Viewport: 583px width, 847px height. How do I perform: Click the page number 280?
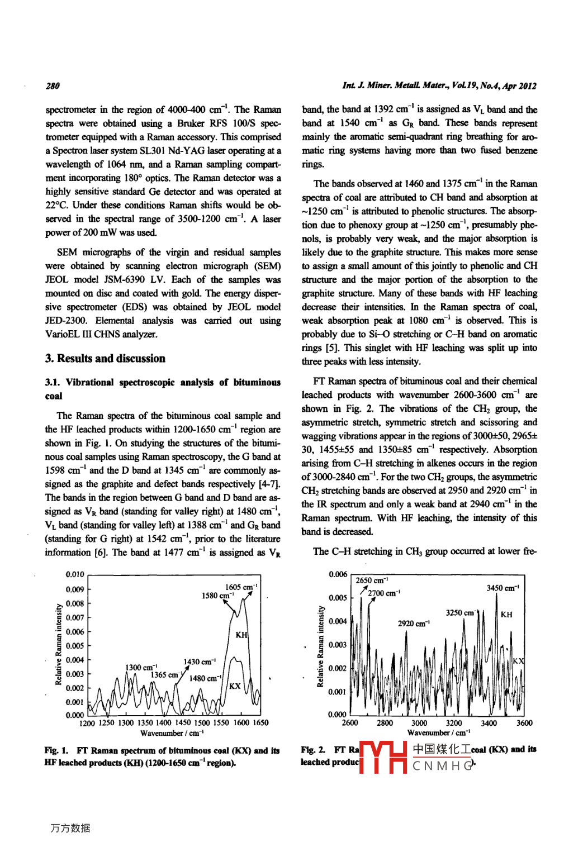point(53,86)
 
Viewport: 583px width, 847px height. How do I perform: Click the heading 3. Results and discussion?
point(105,359)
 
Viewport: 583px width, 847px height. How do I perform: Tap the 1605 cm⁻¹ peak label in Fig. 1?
point(241,587)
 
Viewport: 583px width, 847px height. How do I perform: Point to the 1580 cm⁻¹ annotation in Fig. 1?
point(217,596)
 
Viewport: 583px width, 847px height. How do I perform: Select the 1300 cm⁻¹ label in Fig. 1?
point(141,668)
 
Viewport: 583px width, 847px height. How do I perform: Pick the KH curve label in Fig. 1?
point(241,635)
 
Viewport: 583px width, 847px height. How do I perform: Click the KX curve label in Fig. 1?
point(235,686)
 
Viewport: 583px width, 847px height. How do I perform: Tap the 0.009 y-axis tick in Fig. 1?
point(75,589)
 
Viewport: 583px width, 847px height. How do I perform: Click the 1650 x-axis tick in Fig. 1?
point(260,723)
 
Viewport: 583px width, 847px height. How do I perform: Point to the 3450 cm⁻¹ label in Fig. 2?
point(503,588)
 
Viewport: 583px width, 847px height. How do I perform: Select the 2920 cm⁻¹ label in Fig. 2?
point(414,624)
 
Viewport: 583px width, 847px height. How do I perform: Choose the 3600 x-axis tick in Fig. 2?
point(524,723)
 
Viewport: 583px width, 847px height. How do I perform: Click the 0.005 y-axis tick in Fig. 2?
point(338,598)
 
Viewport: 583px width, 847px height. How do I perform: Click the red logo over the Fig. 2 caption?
point(383,758)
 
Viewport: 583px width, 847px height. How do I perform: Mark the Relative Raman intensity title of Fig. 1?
point(59,644)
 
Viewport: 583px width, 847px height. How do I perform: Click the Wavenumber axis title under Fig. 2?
point(438,733)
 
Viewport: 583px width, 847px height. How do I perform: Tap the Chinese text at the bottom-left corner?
point(70,828)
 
